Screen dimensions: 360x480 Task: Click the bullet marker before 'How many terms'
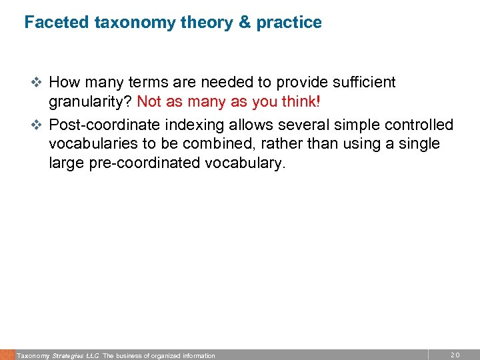coord(38,83)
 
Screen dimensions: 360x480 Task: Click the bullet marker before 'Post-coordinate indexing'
coord(38,125)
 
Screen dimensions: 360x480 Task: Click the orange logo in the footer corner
coord(7,355)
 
